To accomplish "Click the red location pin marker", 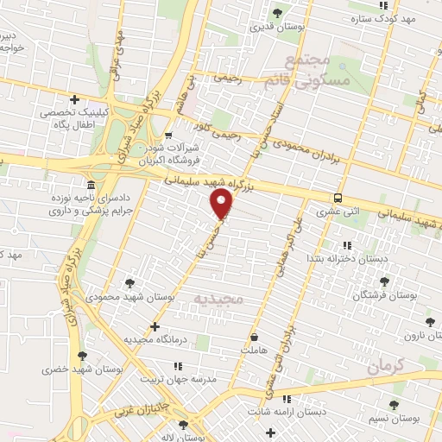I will tap(222, 204).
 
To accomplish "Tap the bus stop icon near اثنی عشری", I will tap(338, 196).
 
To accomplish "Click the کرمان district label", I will tap(385, 366).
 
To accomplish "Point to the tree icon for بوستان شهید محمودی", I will tap(129, 282).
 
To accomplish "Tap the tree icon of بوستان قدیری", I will tap(277, 12).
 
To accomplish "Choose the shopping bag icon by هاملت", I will tap(254, 337).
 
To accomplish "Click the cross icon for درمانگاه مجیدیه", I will tap(155, 326).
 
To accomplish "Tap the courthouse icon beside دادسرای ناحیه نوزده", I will tap(91, 186).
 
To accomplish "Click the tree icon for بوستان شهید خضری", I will tap(82, 356).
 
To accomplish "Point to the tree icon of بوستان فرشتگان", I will tap(385, 281).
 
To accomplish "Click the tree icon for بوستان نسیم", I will tap(394, 405).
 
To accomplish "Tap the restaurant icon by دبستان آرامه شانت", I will tap(287, 398).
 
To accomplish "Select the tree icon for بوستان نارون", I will tap(431, 322).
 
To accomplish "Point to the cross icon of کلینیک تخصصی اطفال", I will tap(75, 99).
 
